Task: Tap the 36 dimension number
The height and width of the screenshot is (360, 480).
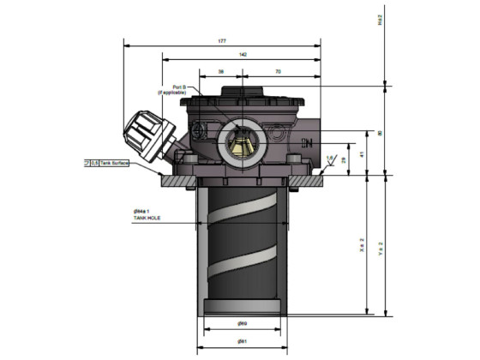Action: [x=221, y=73]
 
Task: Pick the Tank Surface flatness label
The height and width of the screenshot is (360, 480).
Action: [x=111, y=161]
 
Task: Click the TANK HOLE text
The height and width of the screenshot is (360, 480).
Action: [x=147, y=219]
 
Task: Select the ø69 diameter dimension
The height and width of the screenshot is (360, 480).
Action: [x=243, y=324]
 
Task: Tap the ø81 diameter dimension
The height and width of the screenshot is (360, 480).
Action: [x=243, y=341]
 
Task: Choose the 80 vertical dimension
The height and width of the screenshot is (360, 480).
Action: [x=381, y=133]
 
